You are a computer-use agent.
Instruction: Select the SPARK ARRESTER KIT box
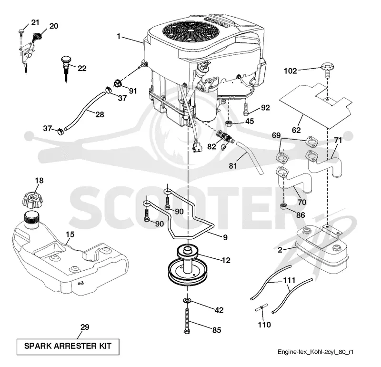(x=68, y=347)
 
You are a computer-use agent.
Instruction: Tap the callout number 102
(x=291, y=71)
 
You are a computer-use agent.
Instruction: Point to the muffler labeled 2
(x=321, y=250)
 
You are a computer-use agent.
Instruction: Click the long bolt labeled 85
(x=187, y=321)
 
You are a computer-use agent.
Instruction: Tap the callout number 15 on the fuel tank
(x=70, y=234)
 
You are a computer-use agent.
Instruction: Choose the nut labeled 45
(x=228, y=123)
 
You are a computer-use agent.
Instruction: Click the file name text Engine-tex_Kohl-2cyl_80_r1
(x=315, y=352)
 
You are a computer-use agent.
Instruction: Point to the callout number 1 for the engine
(x=119, y=37)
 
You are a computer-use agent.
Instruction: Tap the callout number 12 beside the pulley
(x=226, y=260)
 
